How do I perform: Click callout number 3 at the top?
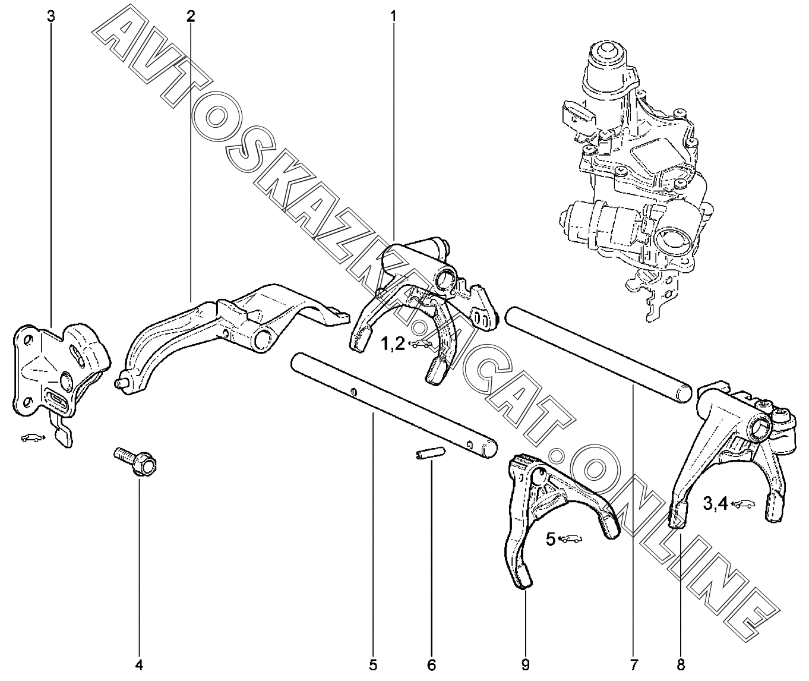[x=51, y=16]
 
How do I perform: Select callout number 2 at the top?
[x=190, y=16]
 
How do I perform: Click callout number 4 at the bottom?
[x=139, y=664]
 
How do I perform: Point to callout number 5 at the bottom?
[x=372, y=664]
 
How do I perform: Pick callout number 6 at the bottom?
[x=432, y=664]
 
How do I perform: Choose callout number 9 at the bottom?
[x=526, y=664]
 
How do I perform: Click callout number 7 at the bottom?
[x=634, y=664]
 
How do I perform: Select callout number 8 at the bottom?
[x=681, y=664]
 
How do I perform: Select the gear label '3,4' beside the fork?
[x=715, y=504]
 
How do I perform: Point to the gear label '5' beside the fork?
[x=551, y=539]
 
